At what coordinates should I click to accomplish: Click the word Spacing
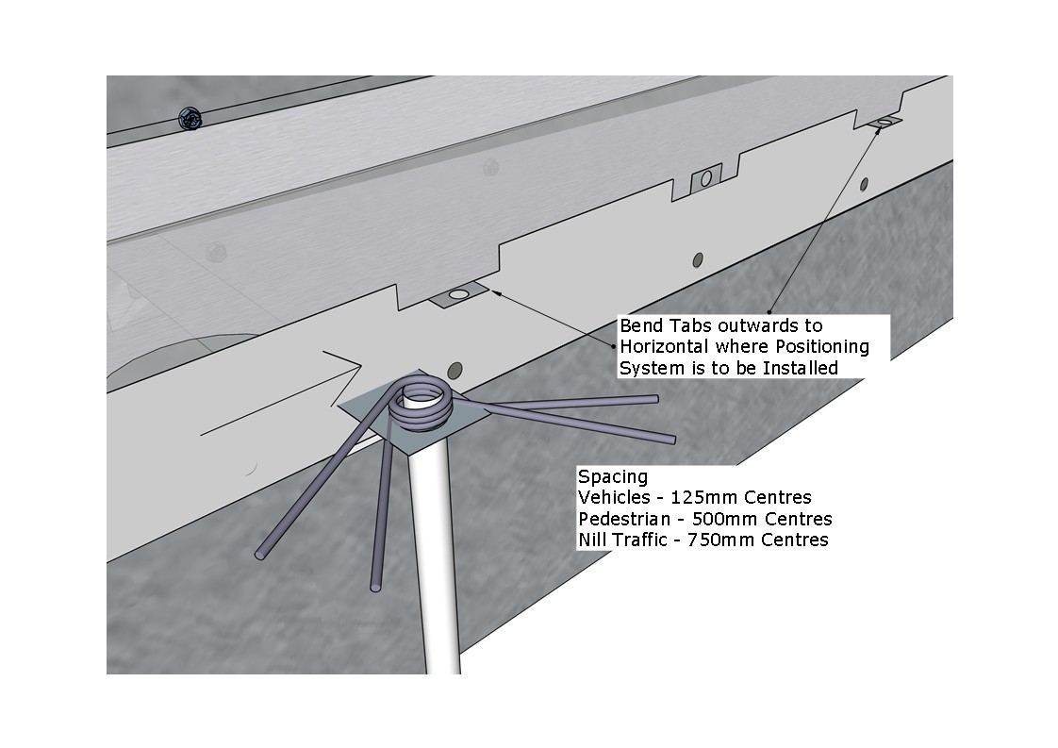pyautogui.click(x=613, y=477)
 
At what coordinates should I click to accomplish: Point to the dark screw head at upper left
pyautogui.click(x=190, y=120)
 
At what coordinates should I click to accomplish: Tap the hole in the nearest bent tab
pyautogui.click(x=458, y=294)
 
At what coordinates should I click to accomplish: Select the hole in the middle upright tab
pyautogui.click(x=705, y=179)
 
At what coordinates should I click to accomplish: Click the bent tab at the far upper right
pyautogui.click(x=884, y=123)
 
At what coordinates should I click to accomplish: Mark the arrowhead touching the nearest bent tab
pyautogui.click(x=497, y=292)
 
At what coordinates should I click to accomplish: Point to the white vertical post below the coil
pyautogui.click(x=441, y=560)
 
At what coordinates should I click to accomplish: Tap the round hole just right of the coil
pyautogui.click(x=455, y=370)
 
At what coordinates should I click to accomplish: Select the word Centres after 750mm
pyautogui.click(x=794, y=540)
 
